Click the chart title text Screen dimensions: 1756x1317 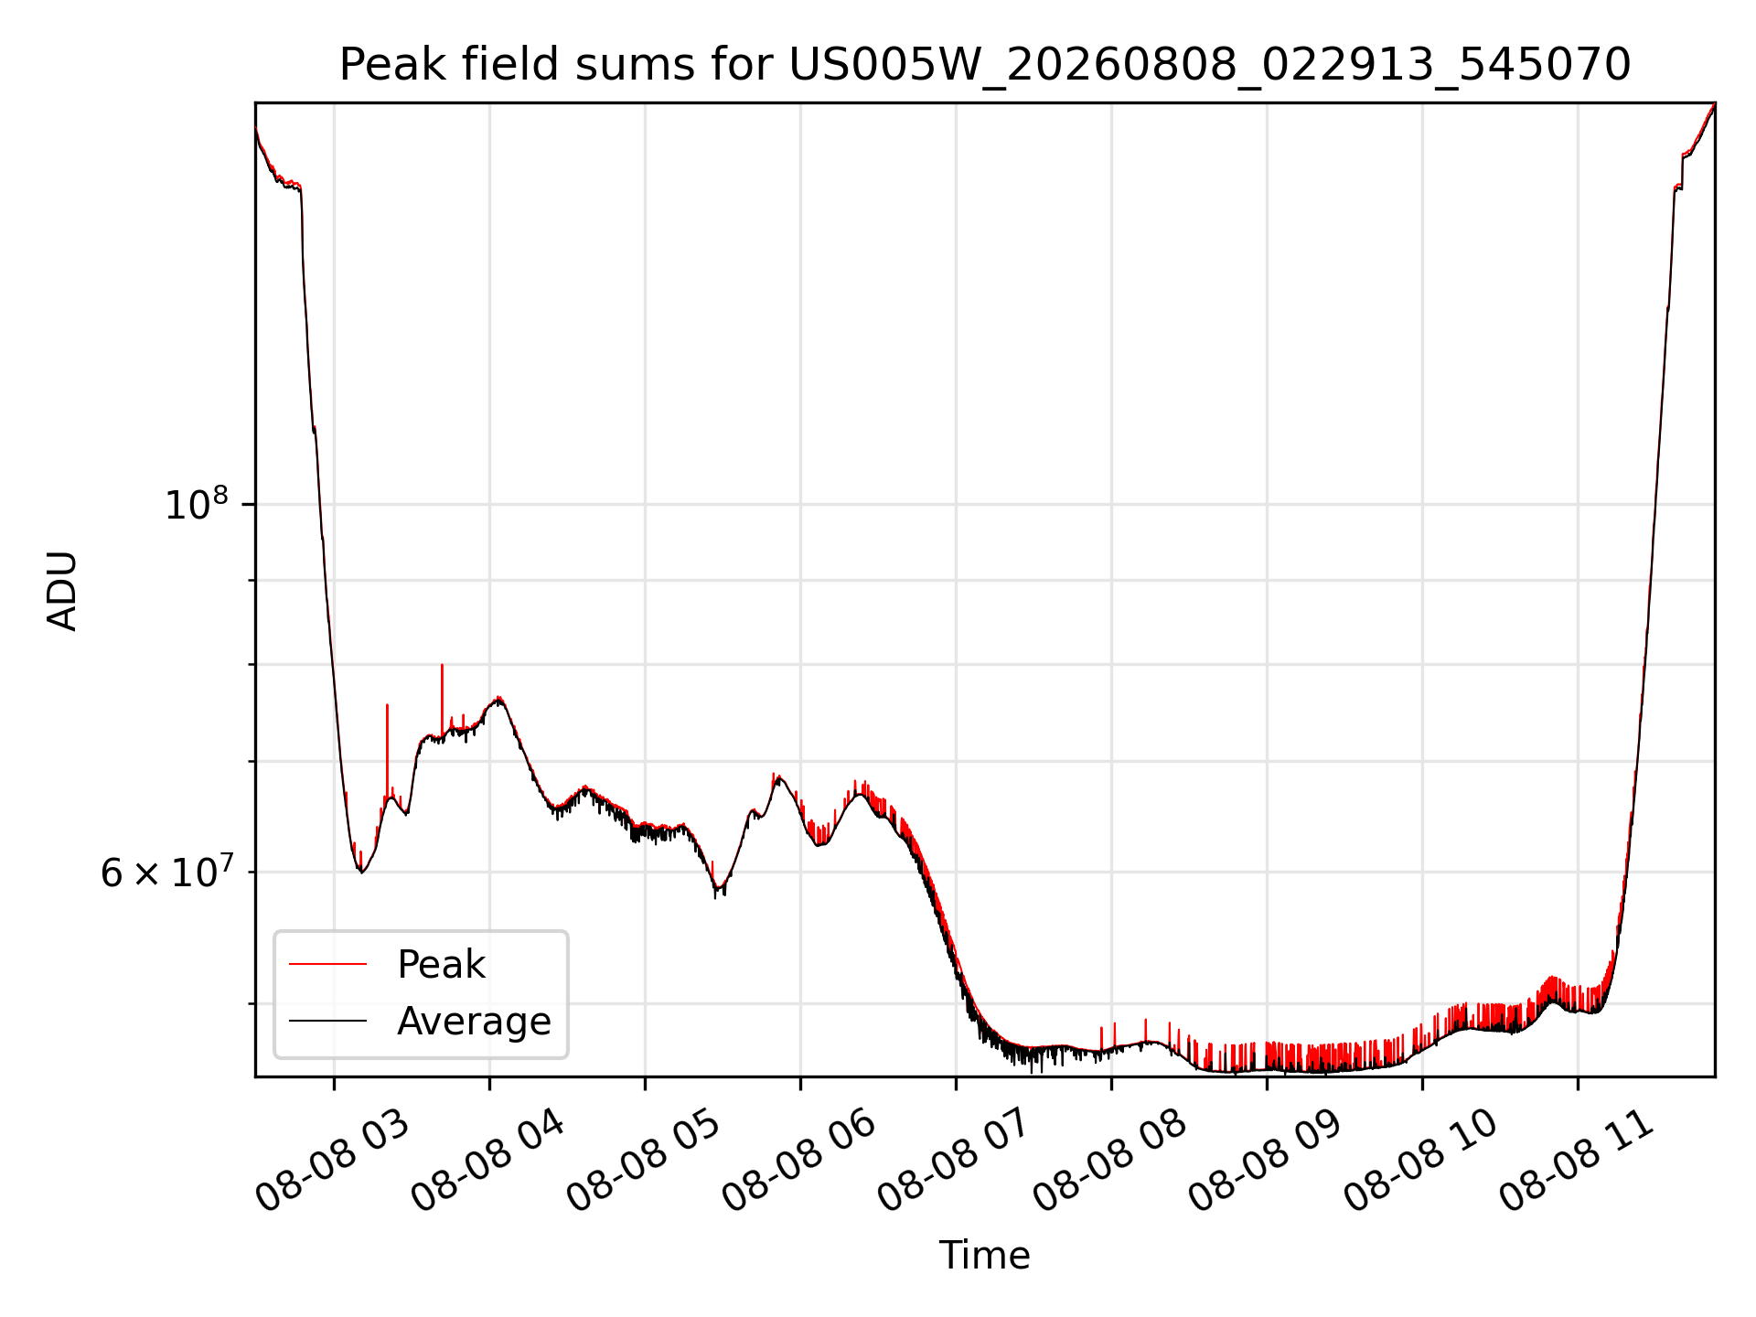(985, 65)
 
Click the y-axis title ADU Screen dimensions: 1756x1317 (62, 590)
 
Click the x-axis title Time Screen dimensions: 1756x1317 (984, 1255)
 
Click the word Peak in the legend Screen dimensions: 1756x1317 (441, 964)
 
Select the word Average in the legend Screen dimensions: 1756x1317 (474, 1021)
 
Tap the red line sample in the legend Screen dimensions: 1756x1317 (327, 964)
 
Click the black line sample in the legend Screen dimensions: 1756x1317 (327, 1021)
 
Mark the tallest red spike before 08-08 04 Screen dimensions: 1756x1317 (442, 666)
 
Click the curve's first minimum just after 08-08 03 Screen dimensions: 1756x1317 (361, 872)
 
